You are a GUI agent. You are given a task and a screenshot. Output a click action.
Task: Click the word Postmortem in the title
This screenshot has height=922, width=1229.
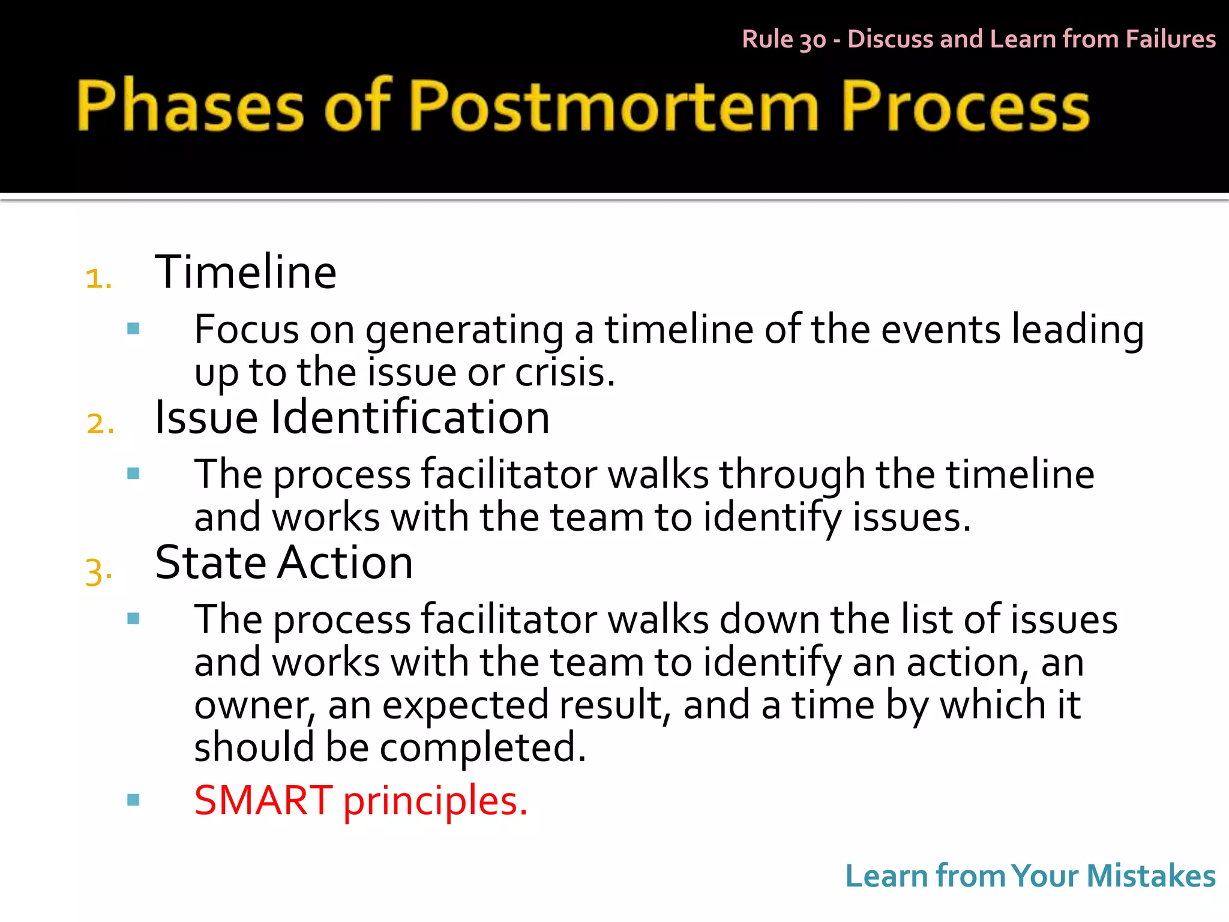click(615, 106)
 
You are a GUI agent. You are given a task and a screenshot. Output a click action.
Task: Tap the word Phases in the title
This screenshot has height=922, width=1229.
click(191, 106)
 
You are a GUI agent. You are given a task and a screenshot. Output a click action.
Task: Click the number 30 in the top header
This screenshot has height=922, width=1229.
click(813, 40)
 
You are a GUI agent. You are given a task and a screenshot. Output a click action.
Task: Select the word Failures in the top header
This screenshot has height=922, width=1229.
click(1170, 39)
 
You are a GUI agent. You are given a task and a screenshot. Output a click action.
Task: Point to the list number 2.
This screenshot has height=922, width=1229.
click(100, 424)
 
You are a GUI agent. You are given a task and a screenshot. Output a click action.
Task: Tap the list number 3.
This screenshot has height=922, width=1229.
click(98, 570)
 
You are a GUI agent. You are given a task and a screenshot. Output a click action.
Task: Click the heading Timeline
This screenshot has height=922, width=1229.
click(245, 273)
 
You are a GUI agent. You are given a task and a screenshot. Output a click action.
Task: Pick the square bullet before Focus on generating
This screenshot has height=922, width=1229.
click(133, 328)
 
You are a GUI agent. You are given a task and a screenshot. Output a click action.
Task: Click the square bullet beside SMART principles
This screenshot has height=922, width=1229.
click(133, 800)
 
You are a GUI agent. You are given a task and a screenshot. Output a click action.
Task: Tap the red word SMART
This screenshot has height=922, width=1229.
click(263, 800)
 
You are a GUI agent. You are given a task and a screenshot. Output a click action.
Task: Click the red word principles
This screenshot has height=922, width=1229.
click(435, 803)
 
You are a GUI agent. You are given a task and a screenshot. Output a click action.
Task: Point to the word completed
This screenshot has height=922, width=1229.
click(482, 748)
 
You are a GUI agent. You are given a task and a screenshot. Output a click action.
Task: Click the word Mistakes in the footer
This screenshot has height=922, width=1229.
click(1150, 876)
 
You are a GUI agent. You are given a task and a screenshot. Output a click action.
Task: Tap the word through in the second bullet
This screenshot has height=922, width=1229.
click(792, 475)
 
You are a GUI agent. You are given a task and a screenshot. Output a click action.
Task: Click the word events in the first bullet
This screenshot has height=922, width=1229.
click(940, 330)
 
